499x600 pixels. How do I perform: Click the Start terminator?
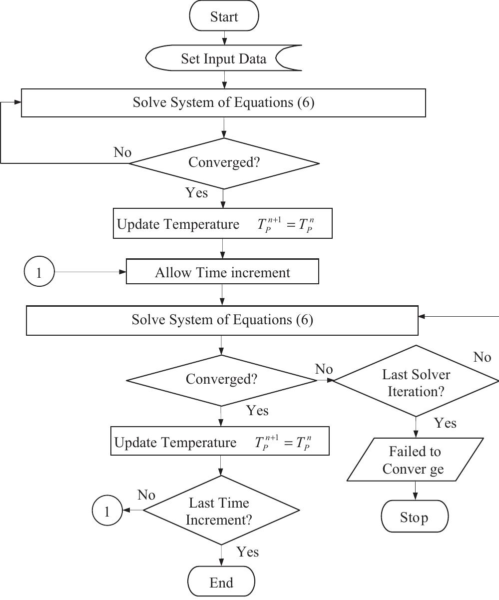224,16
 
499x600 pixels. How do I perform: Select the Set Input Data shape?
224,59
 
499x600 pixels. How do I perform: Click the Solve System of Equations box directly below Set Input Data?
223,103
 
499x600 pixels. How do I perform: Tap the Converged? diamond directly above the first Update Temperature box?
224,163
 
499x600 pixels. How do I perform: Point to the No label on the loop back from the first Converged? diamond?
122,152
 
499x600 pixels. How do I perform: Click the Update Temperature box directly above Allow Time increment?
222,224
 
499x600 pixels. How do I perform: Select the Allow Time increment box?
222,272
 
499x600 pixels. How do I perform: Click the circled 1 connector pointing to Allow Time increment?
39,272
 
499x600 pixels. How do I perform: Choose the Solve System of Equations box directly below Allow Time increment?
222,320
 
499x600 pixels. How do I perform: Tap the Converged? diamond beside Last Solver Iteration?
221,380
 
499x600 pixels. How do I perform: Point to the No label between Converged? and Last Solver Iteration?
324,369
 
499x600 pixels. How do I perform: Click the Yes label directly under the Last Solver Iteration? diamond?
445,423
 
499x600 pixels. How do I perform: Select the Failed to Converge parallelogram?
415,460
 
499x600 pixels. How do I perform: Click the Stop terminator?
415,517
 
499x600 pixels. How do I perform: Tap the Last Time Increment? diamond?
221,511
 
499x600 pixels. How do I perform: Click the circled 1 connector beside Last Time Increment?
107,511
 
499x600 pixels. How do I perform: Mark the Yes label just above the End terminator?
247,552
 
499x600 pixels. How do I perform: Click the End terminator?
221,582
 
